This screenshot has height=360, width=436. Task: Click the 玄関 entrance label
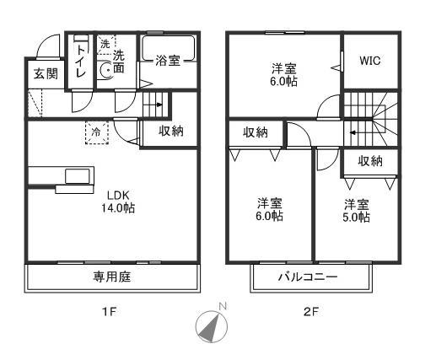point(46,74)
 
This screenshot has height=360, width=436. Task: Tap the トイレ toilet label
point(81,61)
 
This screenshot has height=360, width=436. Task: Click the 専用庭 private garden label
point(112,276)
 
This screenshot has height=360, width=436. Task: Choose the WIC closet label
point(370,61)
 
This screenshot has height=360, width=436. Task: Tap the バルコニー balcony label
point(309,276)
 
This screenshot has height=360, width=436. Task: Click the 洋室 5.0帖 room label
point(356,211)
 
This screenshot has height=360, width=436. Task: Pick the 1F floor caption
point(109,313)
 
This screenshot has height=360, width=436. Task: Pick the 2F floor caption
point(310,313)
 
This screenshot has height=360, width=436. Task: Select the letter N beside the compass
point(223,305)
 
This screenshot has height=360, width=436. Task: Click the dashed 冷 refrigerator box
point(96,132)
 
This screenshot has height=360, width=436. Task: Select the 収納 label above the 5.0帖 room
point(369,160)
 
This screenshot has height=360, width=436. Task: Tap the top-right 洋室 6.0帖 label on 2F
point(284,74)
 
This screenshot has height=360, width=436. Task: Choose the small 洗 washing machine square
point(105,43)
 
